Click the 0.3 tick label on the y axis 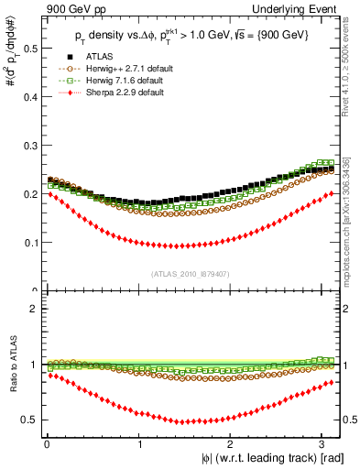coord(28,145)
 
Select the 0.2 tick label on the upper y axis coord(28,194)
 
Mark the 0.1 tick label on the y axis coord(28,243)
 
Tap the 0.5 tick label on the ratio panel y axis coord(28,420)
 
